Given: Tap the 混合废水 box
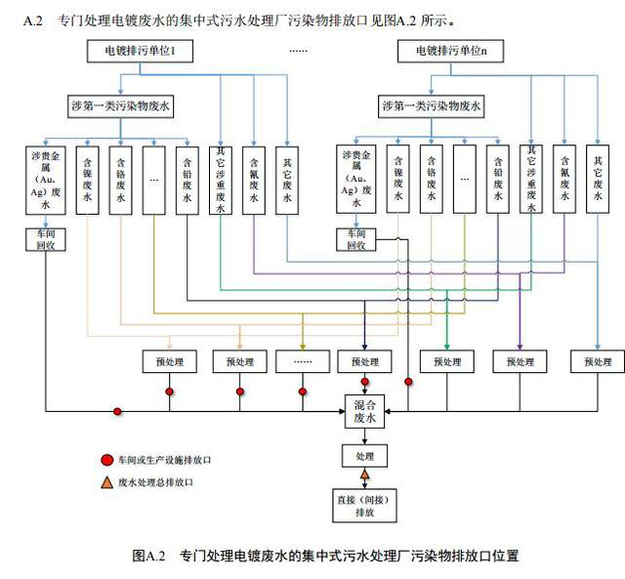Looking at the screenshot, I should pos(365,411).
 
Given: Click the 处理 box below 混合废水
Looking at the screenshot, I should pos(364,456).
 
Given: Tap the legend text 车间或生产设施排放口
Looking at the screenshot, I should pos(164,459).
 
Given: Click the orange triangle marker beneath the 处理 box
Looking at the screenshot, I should pos(364,476).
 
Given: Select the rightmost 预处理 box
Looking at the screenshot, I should pos(597,361).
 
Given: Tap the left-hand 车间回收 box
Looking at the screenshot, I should pos(45,239).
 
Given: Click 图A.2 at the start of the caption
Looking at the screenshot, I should pos(150,556).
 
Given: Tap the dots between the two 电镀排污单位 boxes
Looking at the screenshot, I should pos(298,50).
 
